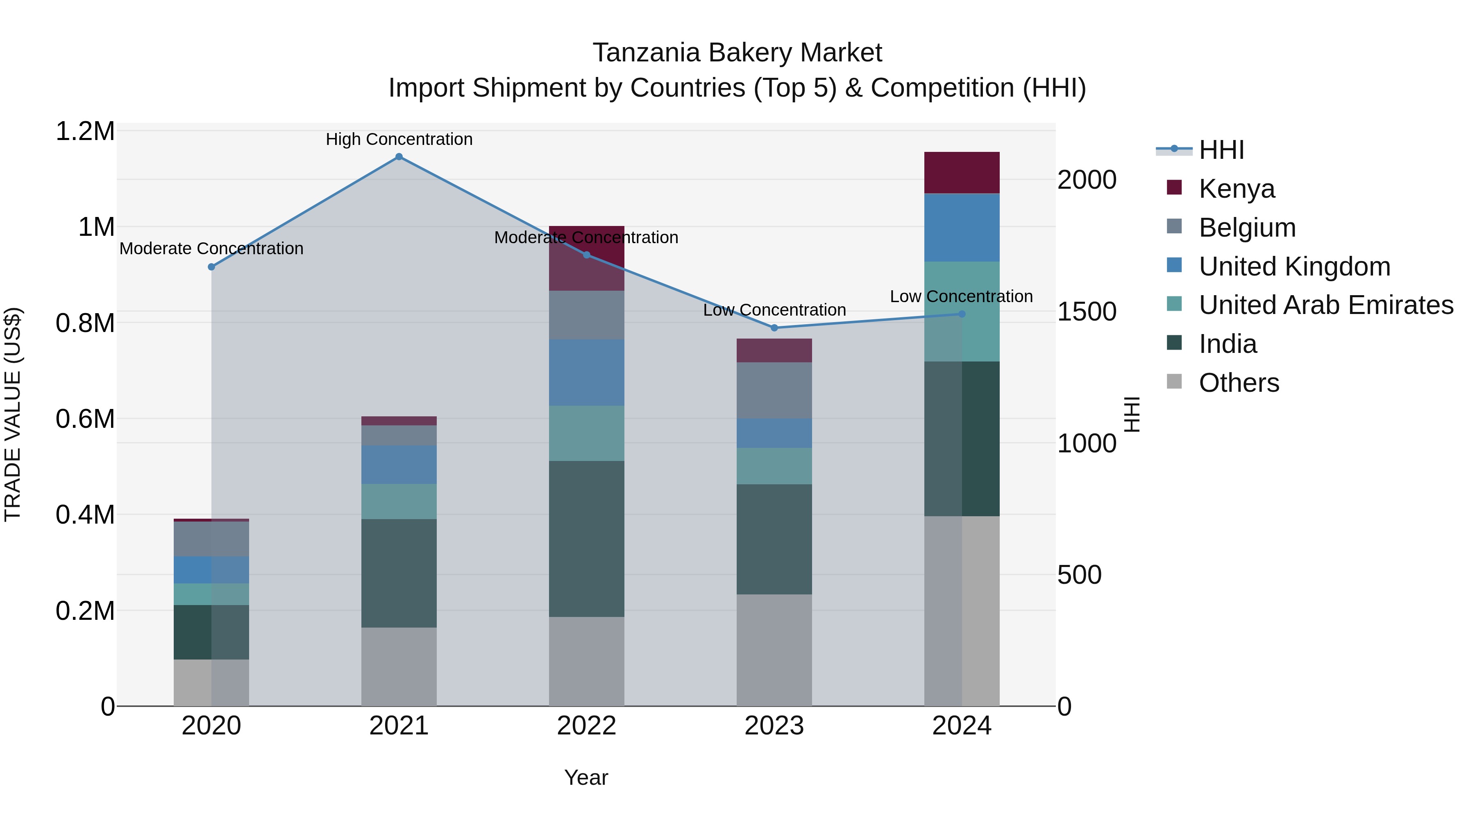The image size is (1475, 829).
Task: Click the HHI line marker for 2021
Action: coord(399,157)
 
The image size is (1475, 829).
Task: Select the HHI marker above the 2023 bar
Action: coord(774,328)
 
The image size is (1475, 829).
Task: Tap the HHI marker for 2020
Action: coord(211,267)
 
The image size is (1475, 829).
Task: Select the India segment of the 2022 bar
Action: coord(586,538)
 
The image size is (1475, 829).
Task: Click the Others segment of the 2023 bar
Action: coord(774,650)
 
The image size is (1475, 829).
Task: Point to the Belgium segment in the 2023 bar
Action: coord(774,390)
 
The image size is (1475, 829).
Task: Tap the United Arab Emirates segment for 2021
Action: coord(399,501)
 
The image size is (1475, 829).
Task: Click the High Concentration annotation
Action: coord(399,139)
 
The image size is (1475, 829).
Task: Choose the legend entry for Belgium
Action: coord(1247,227)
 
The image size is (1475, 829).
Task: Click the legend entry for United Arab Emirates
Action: coord(1325,305)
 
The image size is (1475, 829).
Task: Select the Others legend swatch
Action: coord(1174,382)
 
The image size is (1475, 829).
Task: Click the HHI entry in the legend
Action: coord(1221,150)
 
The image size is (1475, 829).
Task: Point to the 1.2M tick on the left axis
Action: coord(85,131)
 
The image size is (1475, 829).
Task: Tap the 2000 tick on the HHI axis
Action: coord(1086,180)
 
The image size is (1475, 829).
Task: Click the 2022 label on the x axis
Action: coord(586,726)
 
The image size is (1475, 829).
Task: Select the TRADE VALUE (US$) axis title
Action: coord(13,414)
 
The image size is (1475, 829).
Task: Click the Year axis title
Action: coord(586,777)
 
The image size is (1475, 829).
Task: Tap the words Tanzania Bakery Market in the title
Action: coord(737,53)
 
